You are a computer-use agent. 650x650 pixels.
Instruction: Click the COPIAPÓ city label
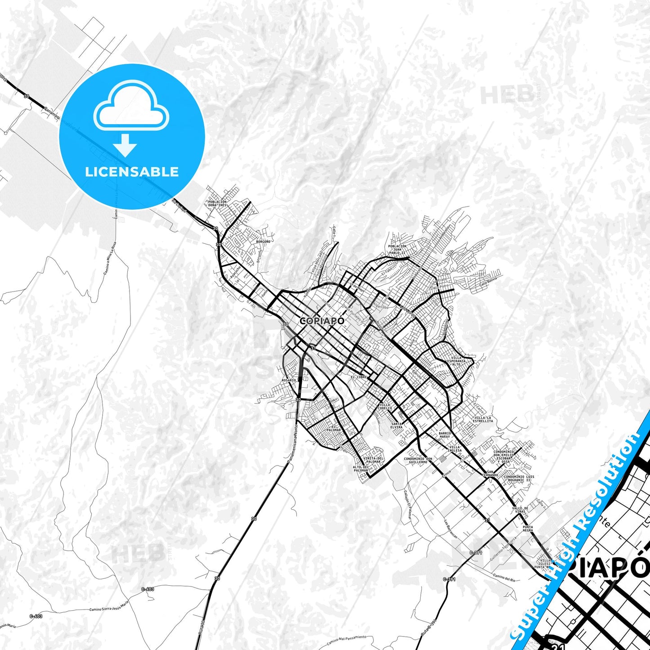tap(322, 321)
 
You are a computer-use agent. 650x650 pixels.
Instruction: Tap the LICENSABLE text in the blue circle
tap(132, 172)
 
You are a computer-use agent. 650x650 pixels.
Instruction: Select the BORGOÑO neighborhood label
tap(263, 242)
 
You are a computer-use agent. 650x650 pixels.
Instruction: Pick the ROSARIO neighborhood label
tap(289, 380)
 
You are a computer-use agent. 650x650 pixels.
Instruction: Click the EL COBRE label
tap(359, 377)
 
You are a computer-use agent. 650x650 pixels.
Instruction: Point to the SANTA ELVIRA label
tap(396, 425)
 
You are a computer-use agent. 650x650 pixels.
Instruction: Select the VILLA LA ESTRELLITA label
tap(484, 419)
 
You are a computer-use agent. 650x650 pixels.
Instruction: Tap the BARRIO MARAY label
tap(444, 435)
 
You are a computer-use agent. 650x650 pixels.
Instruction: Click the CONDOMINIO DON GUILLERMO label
tap(418, 460)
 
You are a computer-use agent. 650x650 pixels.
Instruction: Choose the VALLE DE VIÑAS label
tap(520, 510)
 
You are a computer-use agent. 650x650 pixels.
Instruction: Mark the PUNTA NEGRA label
tap(528, 529)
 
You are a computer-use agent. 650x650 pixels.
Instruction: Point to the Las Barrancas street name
tap(450, 529)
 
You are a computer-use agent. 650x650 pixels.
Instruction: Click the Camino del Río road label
tap(504, 577)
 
